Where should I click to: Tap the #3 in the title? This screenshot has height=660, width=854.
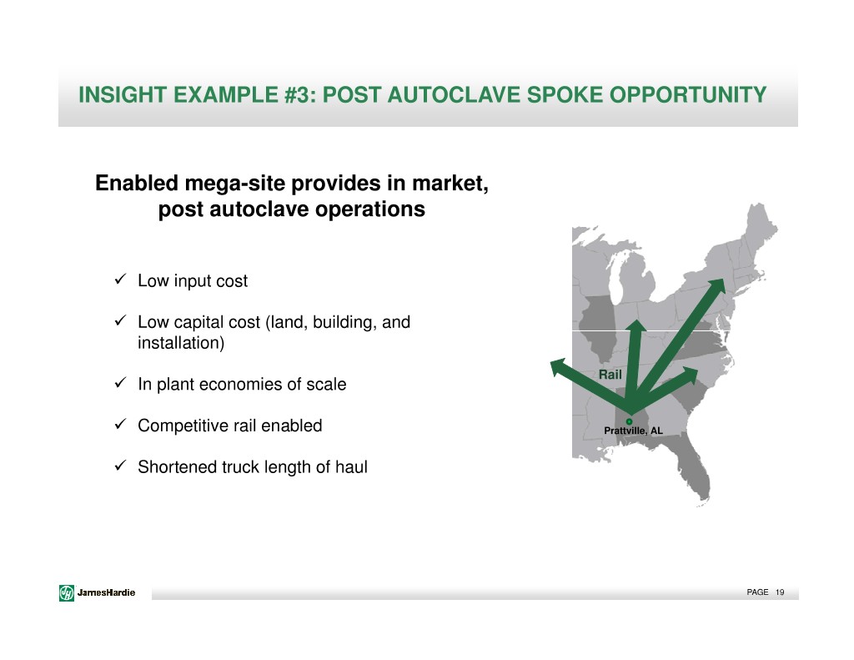click(x=299, y=95)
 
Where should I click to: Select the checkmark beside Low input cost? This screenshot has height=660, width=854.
click(x=121, y=279)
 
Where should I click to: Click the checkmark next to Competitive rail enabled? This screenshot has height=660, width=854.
click(x=121, y=424)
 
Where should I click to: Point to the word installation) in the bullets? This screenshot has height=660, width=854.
click(x=181, y=343)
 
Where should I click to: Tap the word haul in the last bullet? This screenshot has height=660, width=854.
click(x=351, y=467)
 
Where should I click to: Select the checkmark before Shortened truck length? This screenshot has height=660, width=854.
click(x=121, y=466)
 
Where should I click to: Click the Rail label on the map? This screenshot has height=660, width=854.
click(x=610, y=375)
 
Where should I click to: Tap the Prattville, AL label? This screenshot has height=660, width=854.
click(x=634, y=431)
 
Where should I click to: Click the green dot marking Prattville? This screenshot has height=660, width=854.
click(x=629, y=421)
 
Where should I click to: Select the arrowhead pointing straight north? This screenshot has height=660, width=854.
click(x=635, y=325)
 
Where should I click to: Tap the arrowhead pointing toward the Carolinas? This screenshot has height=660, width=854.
click(x=690, y=374)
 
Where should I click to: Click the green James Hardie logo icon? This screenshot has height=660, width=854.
click(x=67, y=592)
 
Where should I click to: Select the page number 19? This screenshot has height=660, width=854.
click(x=780, y=592)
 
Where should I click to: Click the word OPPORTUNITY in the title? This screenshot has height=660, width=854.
click(x=688, y=95)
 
